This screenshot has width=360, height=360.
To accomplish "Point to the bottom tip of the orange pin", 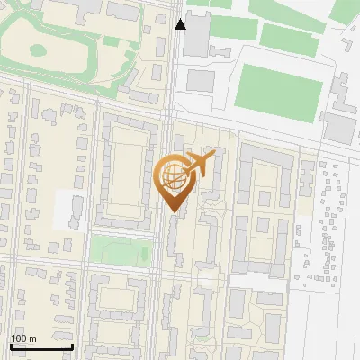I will [172, 211].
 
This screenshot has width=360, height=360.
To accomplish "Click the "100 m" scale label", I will [23, 338].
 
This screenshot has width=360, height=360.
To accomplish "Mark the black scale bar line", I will [41, 346].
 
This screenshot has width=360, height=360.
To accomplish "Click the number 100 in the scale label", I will [18, 338].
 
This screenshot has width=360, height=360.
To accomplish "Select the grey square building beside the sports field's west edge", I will [200, 79].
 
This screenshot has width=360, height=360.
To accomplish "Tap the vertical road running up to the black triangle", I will [171, 72].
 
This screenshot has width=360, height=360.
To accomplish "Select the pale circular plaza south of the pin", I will [208, 280].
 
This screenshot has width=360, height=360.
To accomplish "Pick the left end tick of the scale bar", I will [11, 345].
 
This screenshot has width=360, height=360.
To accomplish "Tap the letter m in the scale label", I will [33, 338].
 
